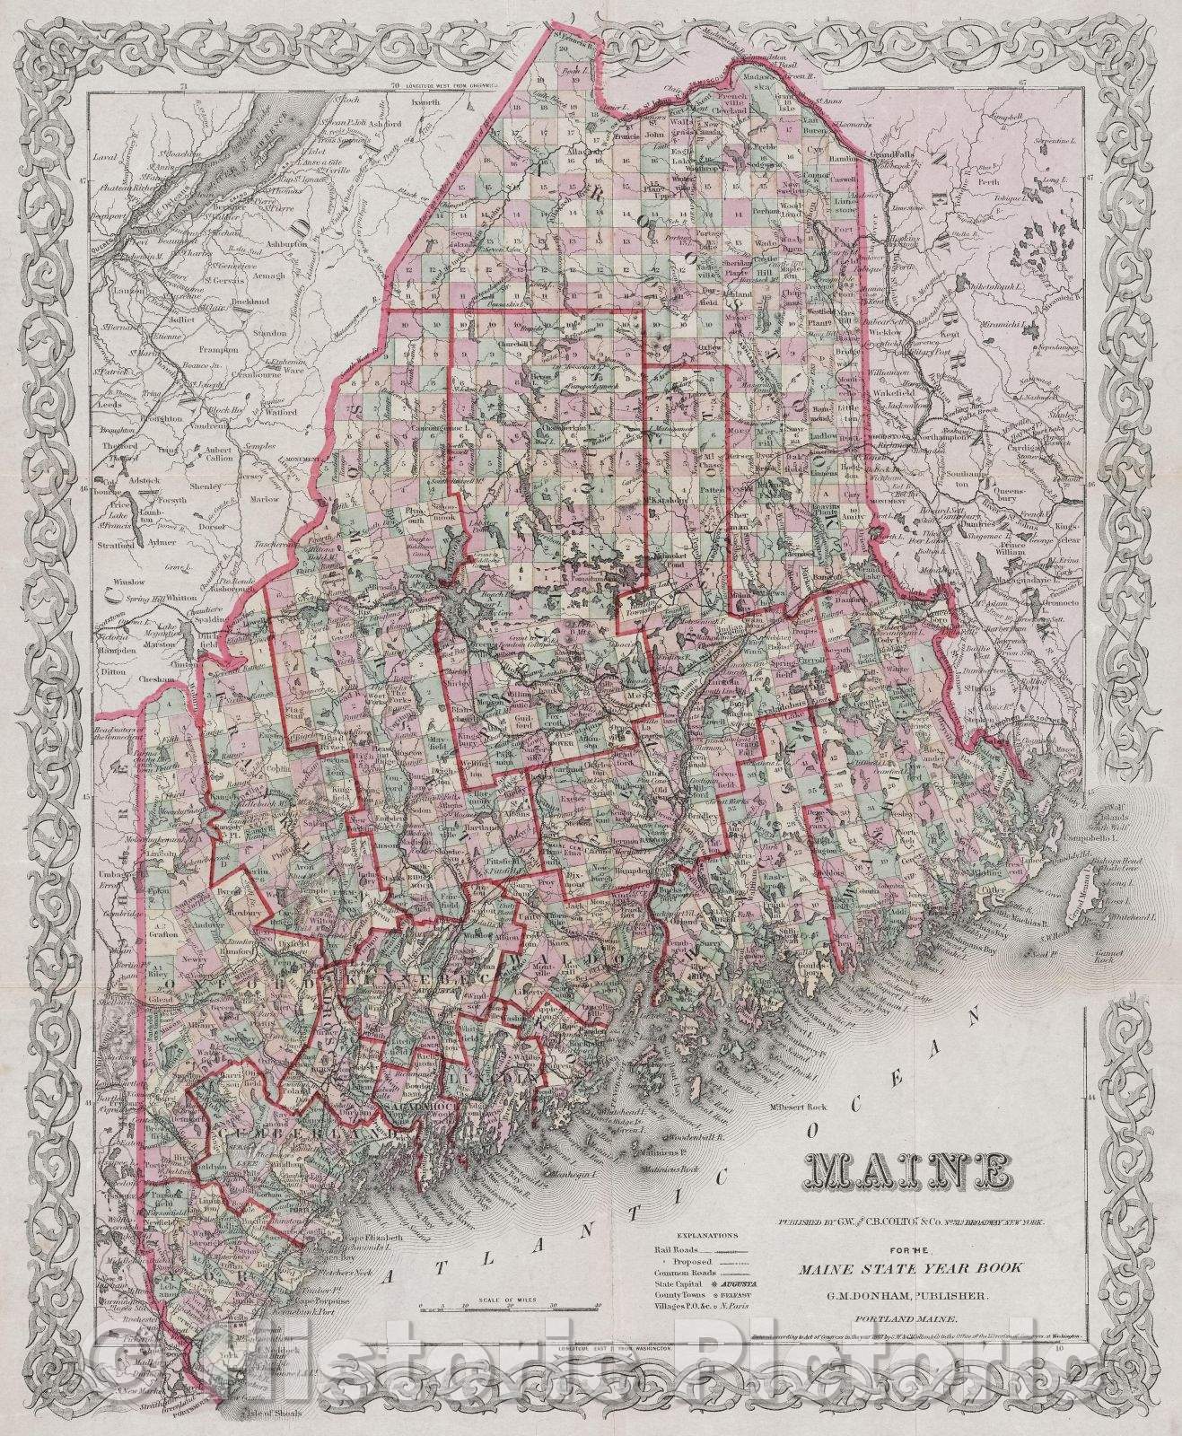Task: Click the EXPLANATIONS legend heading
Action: coord(706,1236)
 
